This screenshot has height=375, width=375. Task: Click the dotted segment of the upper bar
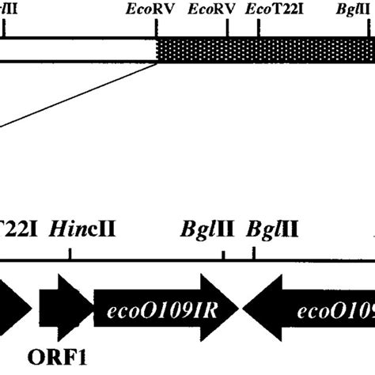(266, 51)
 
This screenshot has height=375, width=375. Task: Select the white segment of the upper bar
(79, 51)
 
